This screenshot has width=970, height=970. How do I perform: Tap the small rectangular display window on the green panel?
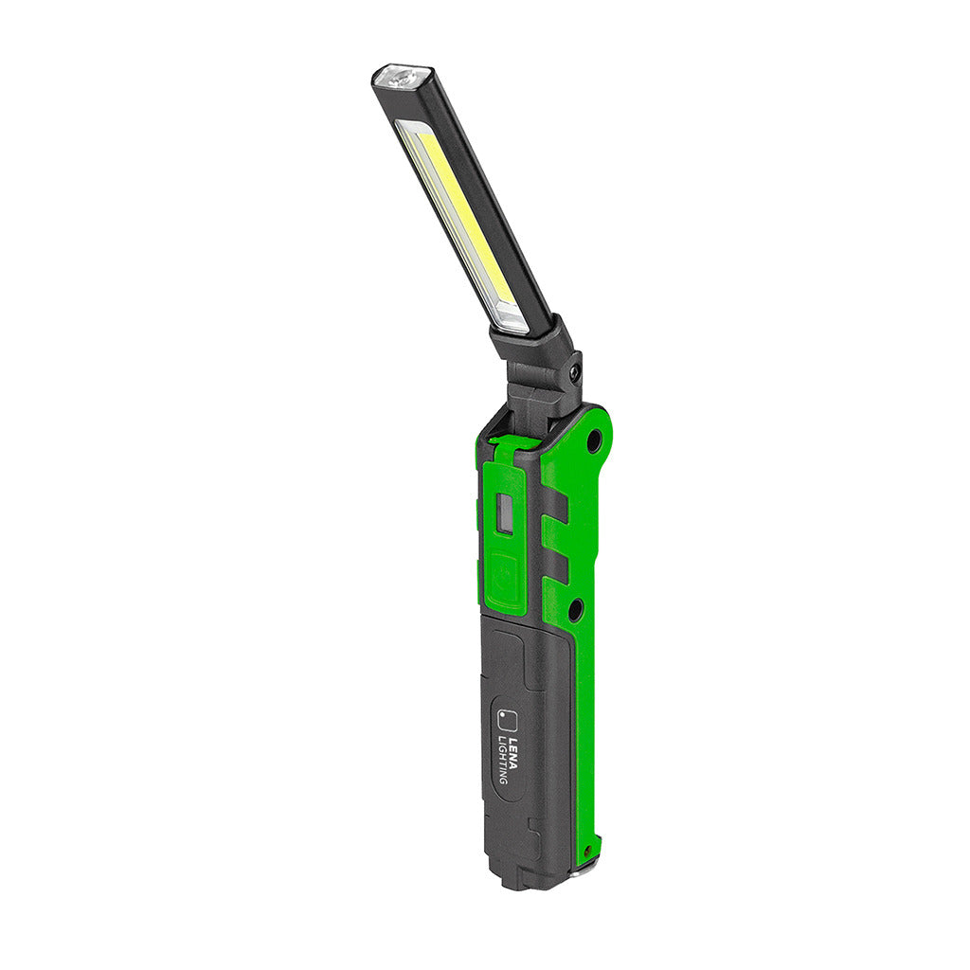(505, 515)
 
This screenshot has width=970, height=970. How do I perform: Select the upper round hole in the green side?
(594, 440)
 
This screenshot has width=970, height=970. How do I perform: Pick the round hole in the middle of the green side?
(574, 610)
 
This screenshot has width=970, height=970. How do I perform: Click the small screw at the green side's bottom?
(589, 851)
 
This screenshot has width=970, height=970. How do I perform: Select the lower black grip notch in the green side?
(554, 567)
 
